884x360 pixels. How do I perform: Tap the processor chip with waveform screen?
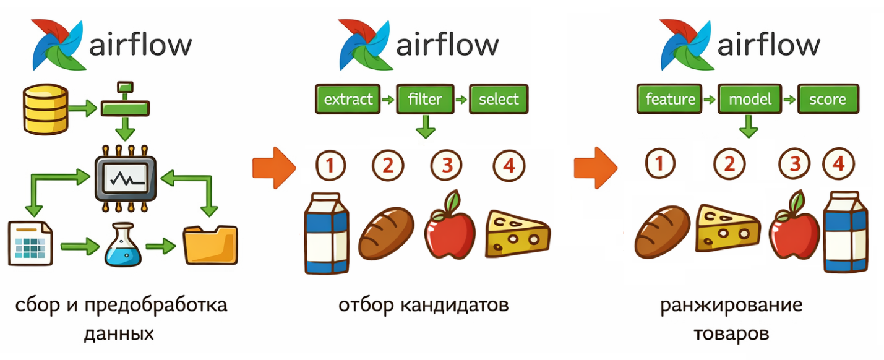pyautogui.click(x=126, y=178)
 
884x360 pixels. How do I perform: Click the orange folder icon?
pyautogui.click(x=210, y=245)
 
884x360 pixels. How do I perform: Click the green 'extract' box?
pyautogui.click(x=348, y=99)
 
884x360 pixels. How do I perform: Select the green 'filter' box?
pyautogui.click(x=425, y=99)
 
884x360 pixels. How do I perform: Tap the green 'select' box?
pyautogui.click(x=499, y=99)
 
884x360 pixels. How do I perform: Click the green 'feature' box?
pyautogui.click(x=670, y=99)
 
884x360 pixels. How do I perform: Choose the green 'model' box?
pyautogui.click(x=749, y=99)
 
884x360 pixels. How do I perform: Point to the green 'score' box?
pyautogui.click(x=829, y=99)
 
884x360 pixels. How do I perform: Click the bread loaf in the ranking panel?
pyautogui.click(x=663, y=232)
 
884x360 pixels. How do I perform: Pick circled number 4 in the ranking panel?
pyautogui.click(x=839, y=164)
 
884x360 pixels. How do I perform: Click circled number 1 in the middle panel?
pyautogui.click(x=330, y=165)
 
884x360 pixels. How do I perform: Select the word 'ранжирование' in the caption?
pyautogui.click(x=731, y=305)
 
